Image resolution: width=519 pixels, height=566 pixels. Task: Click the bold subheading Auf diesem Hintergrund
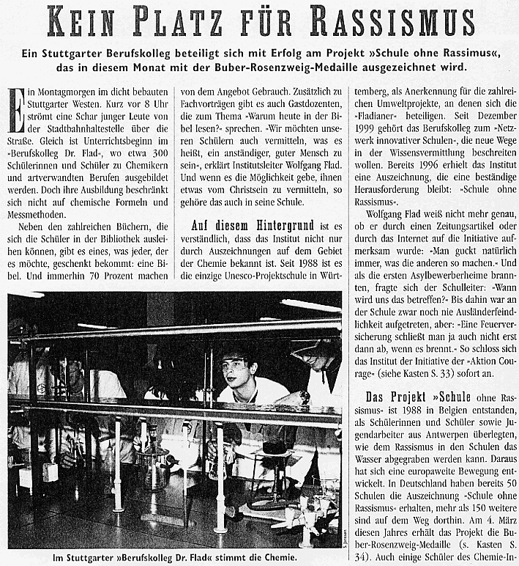(255, 227)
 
